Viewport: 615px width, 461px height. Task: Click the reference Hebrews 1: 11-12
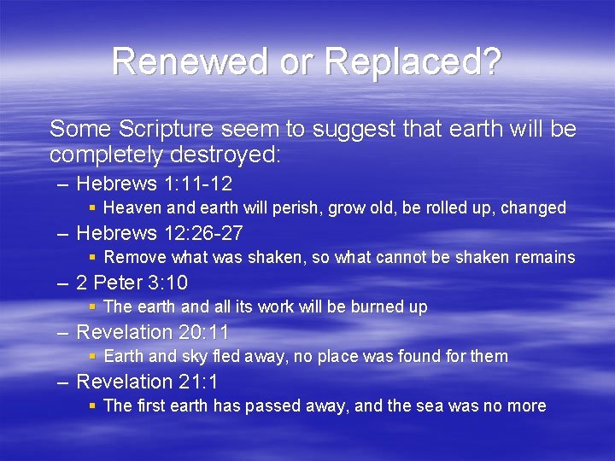(x=155, y=184)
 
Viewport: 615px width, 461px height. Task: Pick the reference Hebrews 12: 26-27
(x=160, y=233)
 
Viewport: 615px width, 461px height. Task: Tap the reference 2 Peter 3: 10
(x=132, y=283)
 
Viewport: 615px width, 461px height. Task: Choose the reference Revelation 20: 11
(x=153, y=332)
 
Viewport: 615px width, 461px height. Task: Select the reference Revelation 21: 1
(x=148, y=382)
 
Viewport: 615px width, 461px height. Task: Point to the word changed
(x=533, y=208)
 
